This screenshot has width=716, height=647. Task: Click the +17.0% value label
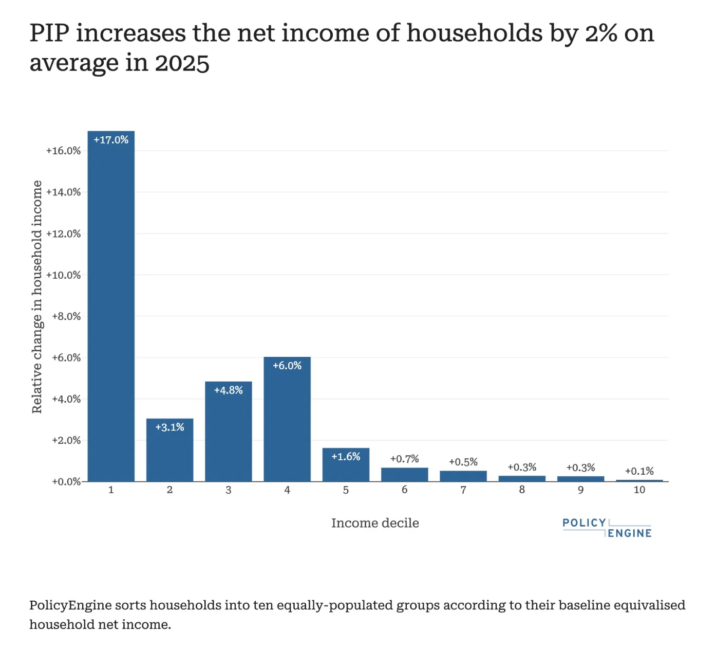pyautogui.click(x=111, y=140)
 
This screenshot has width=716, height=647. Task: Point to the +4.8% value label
pyautogui.click(x=229, y=390)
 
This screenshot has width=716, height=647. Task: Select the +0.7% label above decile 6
pyautogui.click(x=405, y=459)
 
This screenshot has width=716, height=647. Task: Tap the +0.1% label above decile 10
pyautogui.click(x=639, y=471)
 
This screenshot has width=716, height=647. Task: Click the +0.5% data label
pyautogui.click(x=463, y=462)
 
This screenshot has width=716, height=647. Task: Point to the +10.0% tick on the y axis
pyautogui.click(x=64, y=275)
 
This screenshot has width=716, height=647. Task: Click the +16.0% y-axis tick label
pyautogui.click(x=64, y=151)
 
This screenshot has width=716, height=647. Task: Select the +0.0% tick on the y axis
pyautogui.click(x=66, y=482)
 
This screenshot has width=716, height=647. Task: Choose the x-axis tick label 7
pyautogui.click(x=463, y=490)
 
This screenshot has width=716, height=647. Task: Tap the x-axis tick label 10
pyautogui.click(x=639, y=490)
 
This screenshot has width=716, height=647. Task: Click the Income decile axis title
pyautogui.click(x=375, y=523)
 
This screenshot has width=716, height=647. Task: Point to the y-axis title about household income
pyautogui.click(x=37, y=297)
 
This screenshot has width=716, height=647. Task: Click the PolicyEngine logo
pyautogui.click(x=607, y=528)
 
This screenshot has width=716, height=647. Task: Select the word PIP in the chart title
pyautogui.click(x=50, y=33)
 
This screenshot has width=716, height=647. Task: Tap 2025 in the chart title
pyautogui.click(x=182, y=64)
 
